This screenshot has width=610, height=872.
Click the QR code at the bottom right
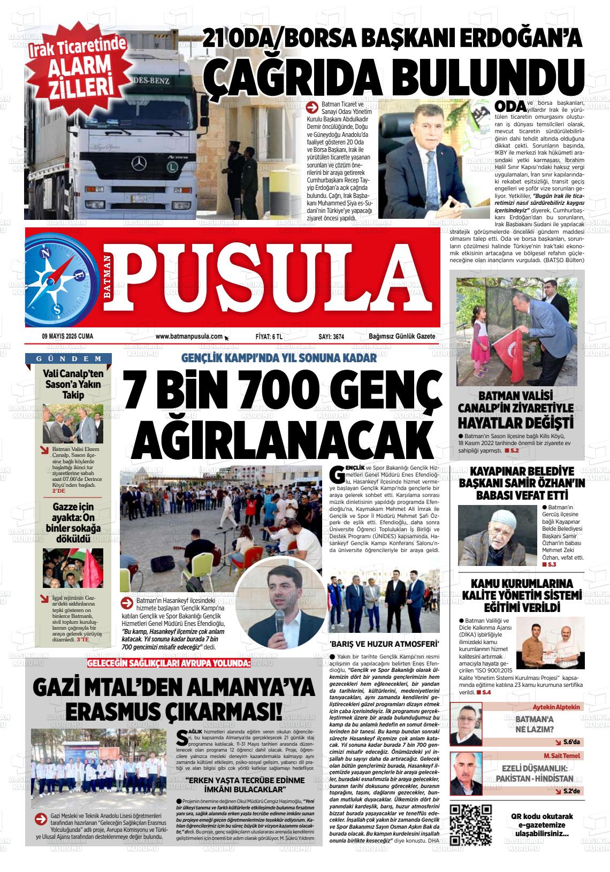(471, 824)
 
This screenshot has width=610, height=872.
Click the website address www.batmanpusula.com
(189, 336)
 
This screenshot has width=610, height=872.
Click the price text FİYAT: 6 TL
(269, 336)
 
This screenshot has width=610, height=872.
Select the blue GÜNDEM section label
(70, 358)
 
